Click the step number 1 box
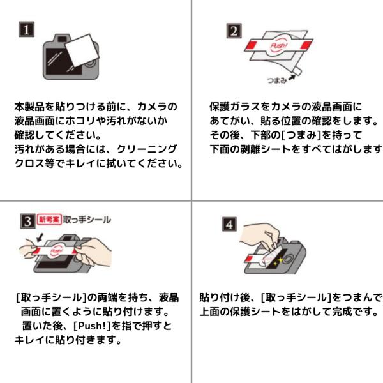[x=27, y=29]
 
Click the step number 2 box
[x=234, y=31]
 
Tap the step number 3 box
[x=28, y=222]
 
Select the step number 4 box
[x=229, y=224]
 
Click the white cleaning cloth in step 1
[x=82, y=51]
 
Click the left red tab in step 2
[x=252, y=46]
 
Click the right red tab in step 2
[x=306, y=45]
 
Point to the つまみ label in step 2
[x=277, y=80]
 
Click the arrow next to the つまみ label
[x=292, y=78]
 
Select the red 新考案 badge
[x=49, y=220]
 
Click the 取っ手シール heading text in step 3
[x=87, y=220]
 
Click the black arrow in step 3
[x=40, y=237]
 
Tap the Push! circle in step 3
[x=56, y=251]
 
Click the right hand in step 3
[x=93, y=252]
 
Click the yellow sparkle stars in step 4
[x=278, y=261]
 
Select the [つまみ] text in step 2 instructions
[x=301, y=135]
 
